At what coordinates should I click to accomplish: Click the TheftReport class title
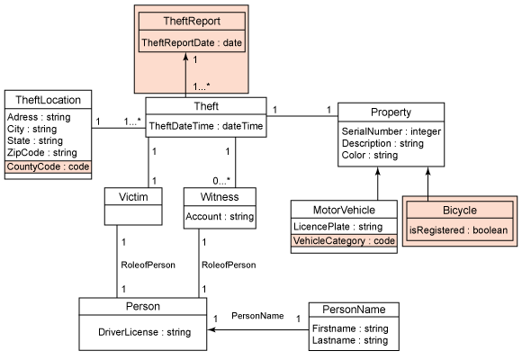tap(192, 22)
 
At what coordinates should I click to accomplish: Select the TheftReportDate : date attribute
tap(192, 42)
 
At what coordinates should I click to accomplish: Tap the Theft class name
tap(206, 106)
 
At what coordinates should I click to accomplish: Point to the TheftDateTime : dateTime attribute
tap(206, 126)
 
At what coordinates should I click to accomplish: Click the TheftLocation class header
tap(49, 100)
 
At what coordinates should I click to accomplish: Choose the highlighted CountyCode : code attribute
tap(49, 166)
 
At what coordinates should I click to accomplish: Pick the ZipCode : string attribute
tap(42, 152)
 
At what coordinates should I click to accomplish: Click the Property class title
tap(391, 112)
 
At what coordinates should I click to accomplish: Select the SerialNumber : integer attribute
tap(391, 131)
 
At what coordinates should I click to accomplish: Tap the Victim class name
tap(133, 197)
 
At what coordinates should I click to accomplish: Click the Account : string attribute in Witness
tap(220, 217)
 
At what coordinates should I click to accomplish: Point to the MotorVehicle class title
tap(344, 210)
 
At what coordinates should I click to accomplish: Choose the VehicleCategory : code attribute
tap(344, 241)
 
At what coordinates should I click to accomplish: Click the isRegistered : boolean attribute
tap(458, 230)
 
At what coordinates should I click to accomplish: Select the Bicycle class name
tap(460, 210)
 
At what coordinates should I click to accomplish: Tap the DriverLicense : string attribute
tap(145, 332)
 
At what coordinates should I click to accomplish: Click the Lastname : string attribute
tap(350, 340)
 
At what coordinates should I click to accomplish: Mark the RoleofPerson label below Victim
tap(148, 265)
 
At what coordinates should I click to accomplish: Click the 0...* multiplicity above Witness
tap(221, 181)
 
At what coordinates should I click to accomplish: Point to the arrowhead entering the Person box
tap(211, 330)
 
